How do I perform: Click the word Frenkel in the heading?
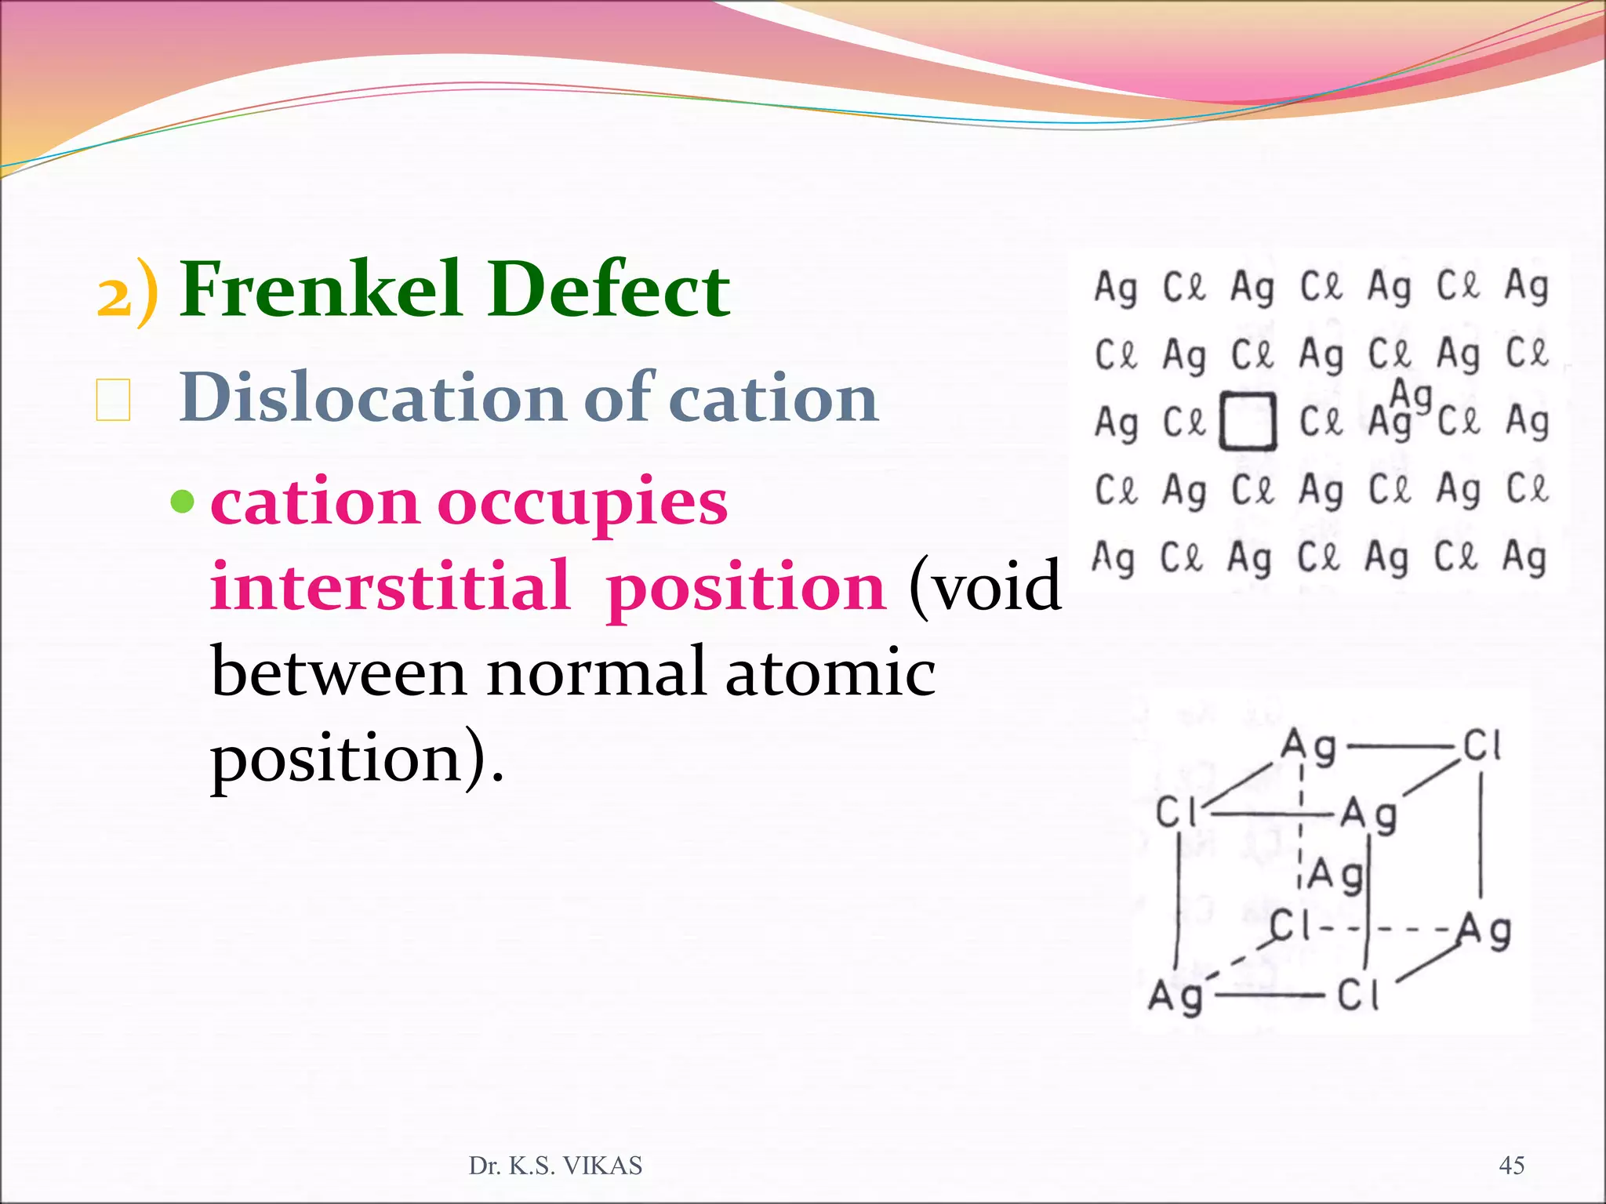(x=320, y=290)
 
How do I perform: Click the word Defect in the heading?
(x=609, y=290)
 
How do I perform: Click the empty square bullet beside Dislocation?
(x=113, y=400)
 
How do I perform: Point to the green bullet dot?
(x=182, y=501)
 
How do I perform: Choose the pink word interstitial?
(x=390, y=586)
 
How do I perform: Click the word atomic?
(x=830, y=673)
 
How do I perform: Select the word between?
(x=339, y=673)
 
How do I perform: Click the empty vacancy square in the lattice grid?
(x=1248, y=422)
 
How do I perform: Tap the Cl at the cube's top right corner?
(x=1482, y=745)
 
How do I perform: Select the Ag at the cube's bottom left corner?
(x=1175, y=997)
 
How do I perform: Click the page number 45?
(x=1511, y=1166)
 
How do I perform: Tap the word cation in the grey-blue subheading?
(x=776, y=398)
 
